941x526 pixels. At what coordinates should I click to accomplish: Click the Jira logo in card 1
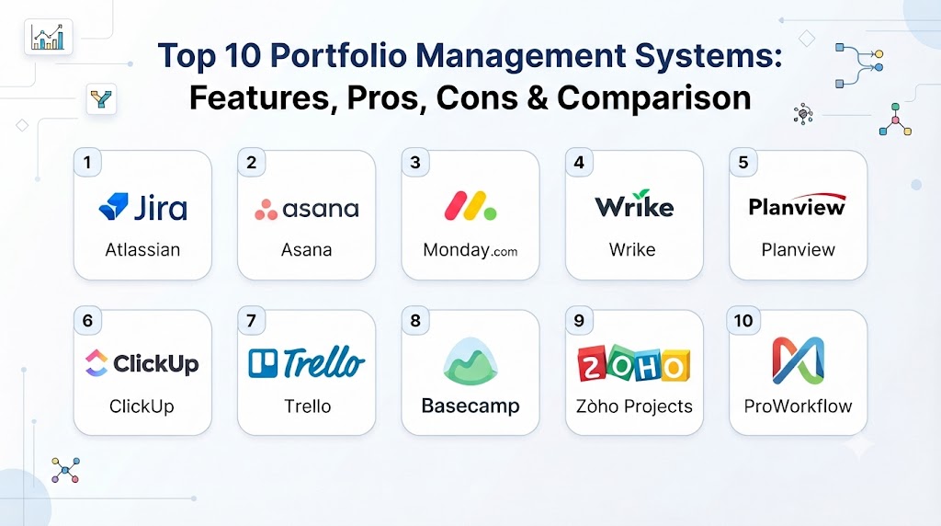point(142,207)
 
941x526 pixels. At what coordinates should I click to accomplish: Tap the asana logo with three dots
point(307,209)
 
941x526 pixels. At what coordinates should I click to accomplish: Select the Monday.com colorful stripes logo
point(470,205)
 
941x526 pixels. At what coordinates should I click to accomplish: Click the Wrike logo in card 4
point(634,204)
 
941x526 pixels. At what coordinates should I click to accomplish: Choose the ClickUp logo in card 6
point(142,363)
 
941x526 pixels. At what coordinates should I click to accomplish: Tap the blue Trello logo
point(307,362)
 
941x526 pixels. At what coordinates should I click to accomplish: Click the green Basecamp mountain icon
point(470,360)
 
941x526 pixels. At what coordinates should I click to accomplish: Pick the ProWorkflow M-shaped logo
point(799,360)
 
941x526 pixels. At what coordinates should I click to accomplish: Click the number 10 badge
point(743,321)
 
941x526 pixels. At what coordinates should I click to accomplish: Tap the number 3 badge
point(415,162)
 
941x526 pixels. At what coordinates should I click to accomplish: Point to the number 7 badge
point(252,321)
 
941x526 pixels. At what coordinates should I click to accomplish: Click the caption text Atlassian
point(142,250)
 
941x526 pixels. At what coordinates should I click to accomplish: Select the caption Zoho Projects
point(634,406)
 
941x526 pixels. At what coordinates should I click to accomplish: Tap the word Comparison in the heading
point(654,97)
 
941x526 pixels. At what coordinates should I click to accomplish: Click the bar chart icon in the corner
point(48,37)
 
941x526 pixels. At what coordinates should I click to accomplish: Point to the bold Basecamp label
point(470,406)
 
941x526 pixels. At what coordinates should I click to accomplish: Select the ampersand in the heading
point(538,98)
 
